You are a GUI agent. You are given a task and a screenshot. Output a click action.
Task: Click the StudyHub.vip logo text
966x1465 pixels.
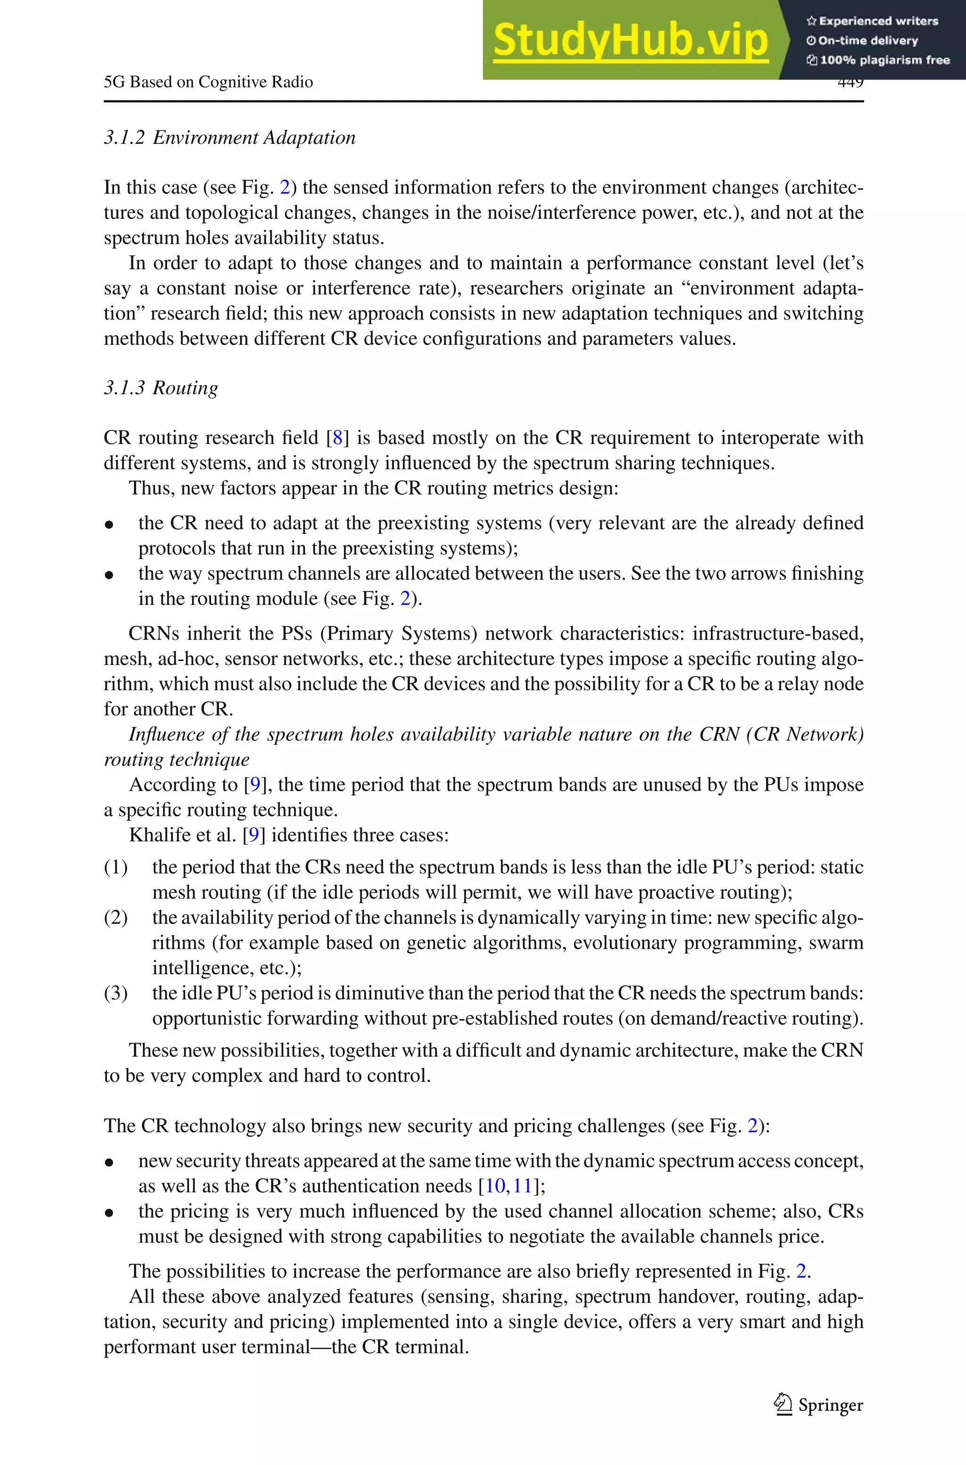(x=630, y=41)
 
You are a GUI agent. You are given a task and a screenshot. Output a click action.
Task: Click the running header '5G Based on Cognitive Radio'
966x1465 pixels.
(x=208, y=82)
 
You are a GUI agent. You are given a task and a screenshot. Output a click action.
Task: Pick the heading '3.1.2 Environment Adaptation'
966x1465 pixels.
(x=230, y=137)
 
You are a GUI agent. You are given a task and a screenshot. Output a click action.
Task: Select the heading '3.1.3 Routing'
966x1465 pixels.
(x=161, y=388)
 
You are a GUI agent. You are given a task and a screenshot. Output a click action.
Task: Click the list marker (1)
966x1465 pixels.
(x=116, y=867)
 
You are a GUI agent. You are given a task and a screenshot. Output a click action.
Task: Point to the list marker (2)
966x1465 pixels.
(x=116, y=918)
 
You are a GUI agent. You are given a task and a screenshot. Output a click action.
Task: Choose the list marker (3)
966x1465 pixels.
(x=116, y=993)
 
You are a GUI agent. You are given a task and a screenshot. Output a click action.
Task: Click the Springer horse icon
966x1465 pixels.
(x=783, y=1404)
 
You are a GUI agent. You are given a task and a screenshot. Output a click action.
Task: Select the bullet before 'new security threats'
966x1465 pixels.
(x=109, y=1163)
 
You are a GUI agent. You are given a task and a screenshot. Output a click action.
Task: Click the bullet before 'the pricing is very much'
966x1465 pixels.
(x=109, y=1213)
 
